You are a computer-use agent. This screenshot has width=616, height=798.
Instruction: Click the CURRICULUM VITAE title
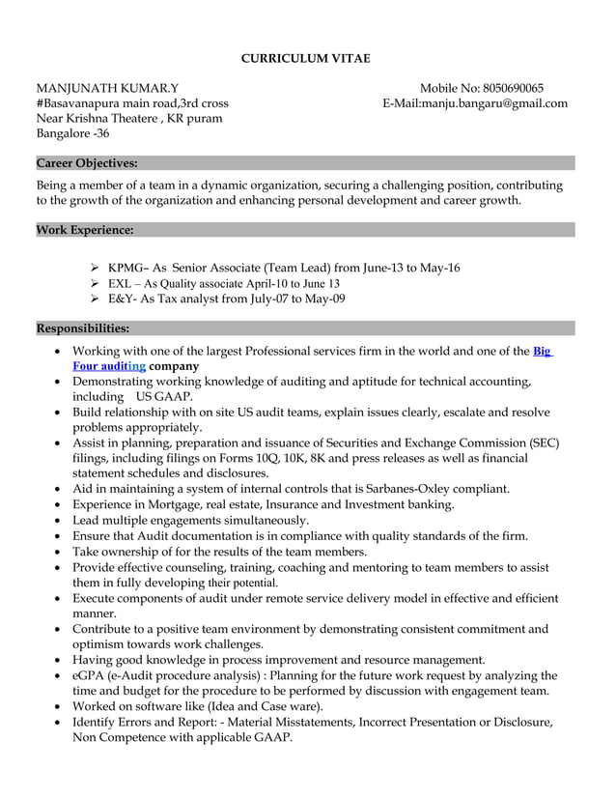pos(305,59)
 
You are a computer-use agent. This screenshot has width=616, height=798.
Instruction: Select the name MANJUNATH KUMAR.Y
pos(107,88)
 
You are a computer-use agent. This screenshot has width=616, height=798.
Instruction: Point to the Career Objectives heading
pos(87,162)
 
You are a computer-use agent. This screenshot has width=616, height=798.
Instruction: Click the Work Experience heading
pos(85,230)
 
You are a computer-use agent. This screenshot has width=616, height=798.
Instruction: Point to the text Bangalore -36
pos(72,134)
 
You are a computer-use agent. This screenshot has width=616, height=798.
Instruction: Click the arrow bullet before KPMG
pos(94,268)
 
